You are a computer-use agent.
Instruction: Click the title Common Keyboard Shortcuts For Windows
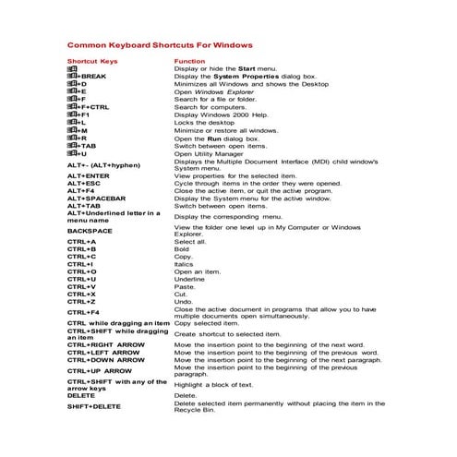[x=160, y=43]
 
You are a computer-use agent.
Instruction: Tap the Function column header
[x=189, y=61]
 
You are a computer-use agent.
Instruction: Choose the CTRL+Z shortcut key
[x=81, y=302]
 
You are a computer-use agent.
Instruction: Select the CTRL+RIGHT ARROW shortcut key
[x=105, y=344]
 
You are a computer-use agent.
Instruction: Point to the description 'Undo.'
[x=184, y=302]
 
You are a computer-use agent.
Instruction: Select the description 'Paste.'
[x=185, y=286]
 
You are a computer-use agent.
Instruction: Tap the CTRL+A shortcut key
[x=81, y=241]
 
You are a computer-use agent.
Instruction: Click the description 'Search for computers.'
[x=210, y=106]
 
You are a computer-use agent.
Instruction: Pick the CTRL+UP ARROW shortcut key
[x=100, y=370]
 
